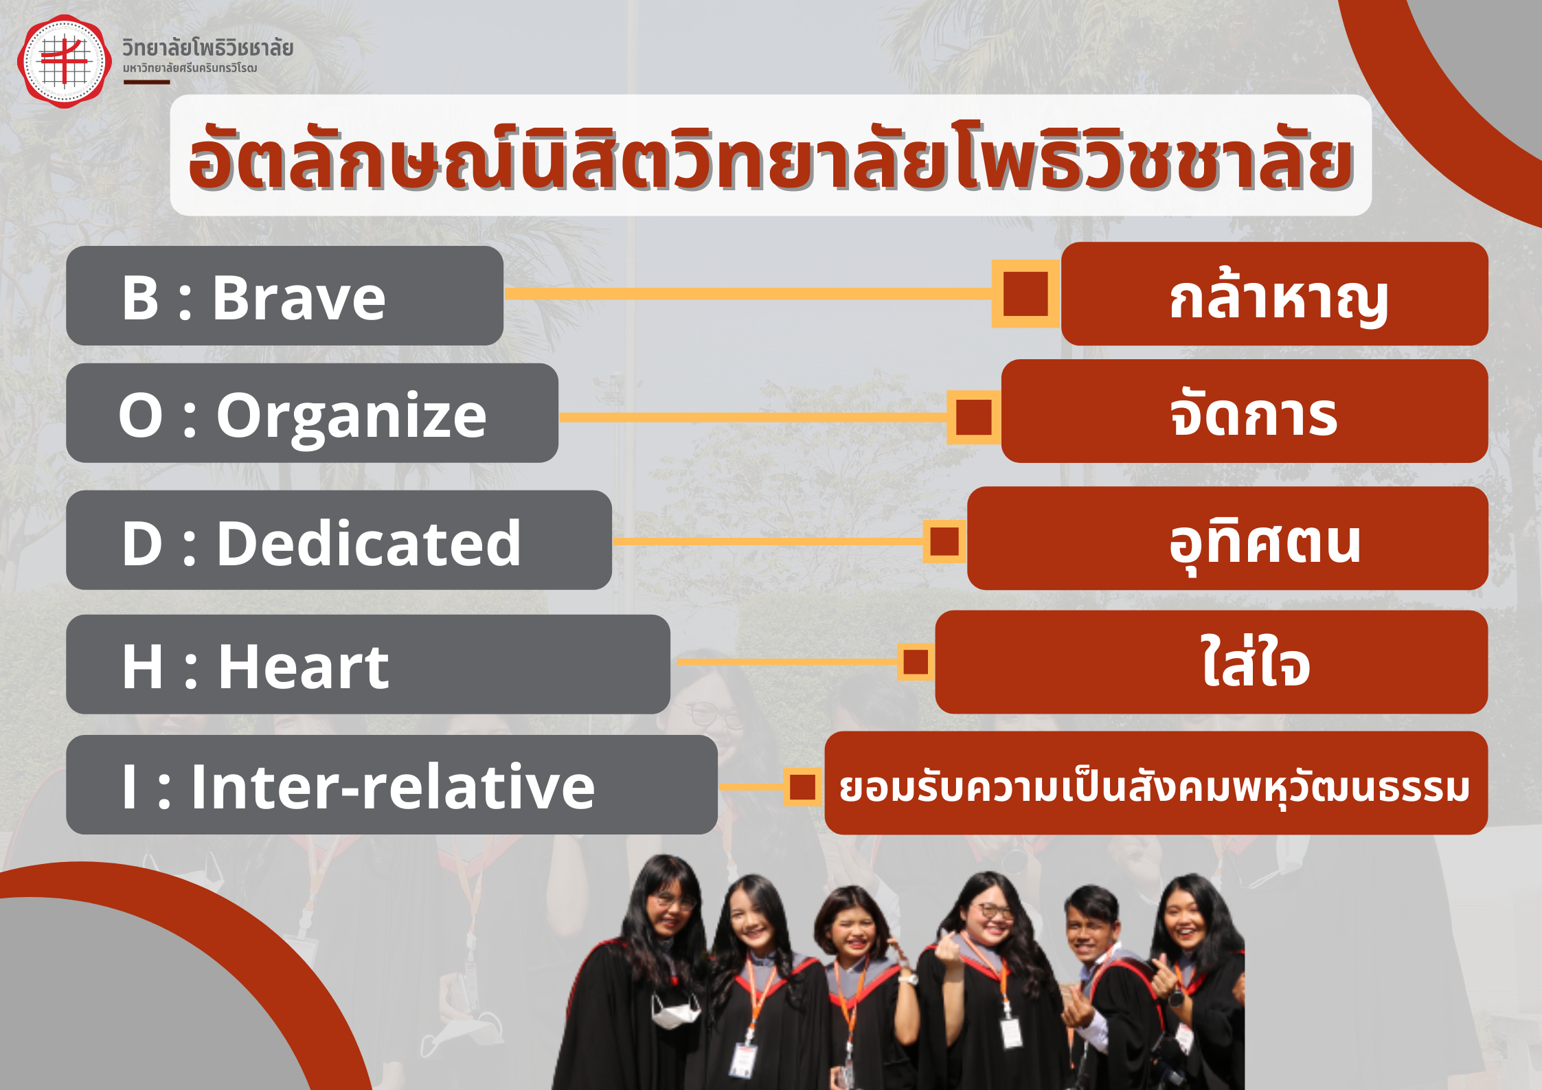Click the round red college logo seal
pos(65,61)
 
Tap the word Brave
pos(299,298)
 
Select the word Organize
pos(352,418)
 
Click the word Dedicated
pos(369,543)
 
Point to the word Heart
pos(304,666)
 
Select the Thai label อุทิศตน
pos(1265,544)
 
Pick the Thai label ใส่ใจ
pos(1256,660)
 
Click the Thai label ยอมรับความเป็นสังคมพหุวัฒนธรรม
pos(1155,787)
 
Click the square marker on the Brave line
pos(1025,294)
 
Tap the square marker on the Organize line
pos(973,418)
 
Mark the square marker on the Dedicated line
pos(944,541)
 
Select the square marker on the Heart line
pos(916,662)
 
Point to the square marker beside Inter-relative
pos(802,787)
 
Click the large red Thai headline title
pos(771,157)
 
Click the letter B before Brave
pos(140,298)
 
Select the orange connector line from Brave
pos(749,294)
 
